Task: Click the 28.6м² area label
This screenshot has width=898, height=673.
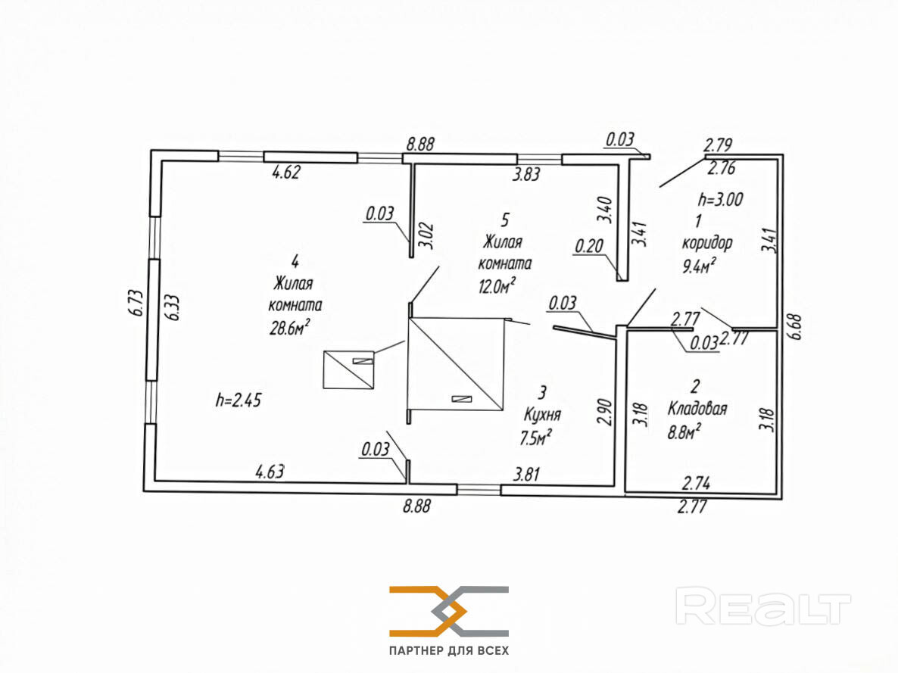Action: tap(290, 327)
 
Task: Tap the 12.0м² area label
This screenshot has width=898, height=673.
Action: tap(497, 285)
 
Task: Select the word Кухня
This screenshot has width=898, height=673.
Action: tap(542, 414)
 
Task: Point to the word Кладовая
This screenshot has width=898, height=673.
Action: tap(697, 408)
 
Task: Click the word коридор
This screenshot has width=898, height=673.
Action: tap(706, 244)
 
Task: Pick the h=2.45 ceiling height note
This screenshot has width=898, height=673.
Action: tap(239, 400)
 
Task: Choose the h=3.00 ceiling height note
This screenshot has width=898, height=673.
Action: tap(721, 199)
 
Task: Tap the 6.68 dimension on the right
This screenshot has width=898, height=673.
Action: tap(795, 327)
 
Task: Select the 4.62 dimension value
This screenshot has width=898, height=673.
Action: tap(285, 172)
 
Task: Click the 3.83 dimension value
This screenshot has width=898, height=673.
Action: tap(525, 173)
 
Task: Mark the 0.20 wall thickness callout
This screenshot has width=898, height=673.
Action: tap(589, 246)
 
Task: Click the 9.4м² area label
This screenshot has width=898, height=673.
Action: tap(700, 266)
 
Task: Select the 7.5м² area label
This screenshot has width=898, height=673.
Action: tap(535, 438)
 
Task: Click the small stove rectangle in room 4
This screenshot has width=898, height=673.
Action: tap(349, 370)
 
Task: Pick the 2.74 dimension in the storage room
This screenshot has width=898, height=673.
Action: tap(697, 483)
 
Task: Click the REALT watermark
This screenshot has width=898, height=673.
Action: tap(762, 606)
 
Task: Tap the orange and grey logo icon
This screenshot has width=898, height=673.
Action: tap(449, 611)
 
